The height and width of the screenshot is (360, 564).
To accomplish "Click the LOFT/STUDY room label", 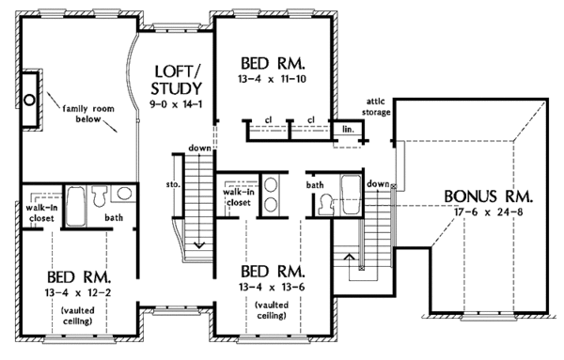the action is coord(177,80).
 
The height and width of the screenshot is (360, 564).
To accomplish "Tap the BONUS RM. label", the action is coord(488,196).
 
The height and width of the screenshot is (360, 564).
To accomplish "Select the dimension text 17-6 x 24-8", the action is coord(488,212).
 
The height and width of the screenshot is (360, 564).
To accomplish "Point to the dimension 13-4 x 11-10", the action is coord(272,79).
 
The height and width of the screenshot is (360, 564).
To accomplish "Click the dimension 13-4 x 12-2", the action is coord(78,292).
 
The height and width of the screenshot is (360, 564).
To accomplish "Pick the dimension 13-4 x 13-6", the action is coord(272,288).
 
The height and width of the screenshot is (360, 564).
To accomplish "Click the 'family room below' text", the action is coord(88,114).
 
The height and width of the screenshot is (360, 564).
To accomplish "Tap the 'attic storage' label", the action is coord(376,107).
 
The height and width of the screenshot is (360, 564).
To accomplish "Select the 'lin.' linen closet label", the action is coord(348,129).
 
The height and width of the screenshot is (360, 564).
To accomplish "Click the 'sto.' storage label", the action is coord(173,185).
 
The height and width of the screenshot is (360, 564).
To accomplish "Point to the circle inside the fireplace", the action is coord(30,100).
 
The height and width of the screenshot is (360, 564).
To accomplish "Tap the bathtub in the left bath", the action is coord(75,206).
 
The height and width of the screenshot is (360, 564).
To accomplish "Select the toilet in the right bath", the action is coord(326,204).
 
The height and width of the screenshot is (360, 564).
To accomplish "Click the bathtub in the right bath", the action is coord(351,195).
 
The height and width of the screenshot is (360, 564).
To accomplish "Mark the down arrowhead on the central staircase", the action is coord(199,245).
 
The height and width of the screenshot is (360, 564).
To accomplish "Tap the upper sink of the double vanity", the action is coord(271,185).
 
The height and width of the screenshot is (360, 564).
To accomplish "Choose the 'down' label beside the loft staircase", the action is coord(199,149).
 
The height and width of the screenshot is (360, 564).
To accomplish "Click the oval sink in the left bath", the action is coord(124,194).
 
